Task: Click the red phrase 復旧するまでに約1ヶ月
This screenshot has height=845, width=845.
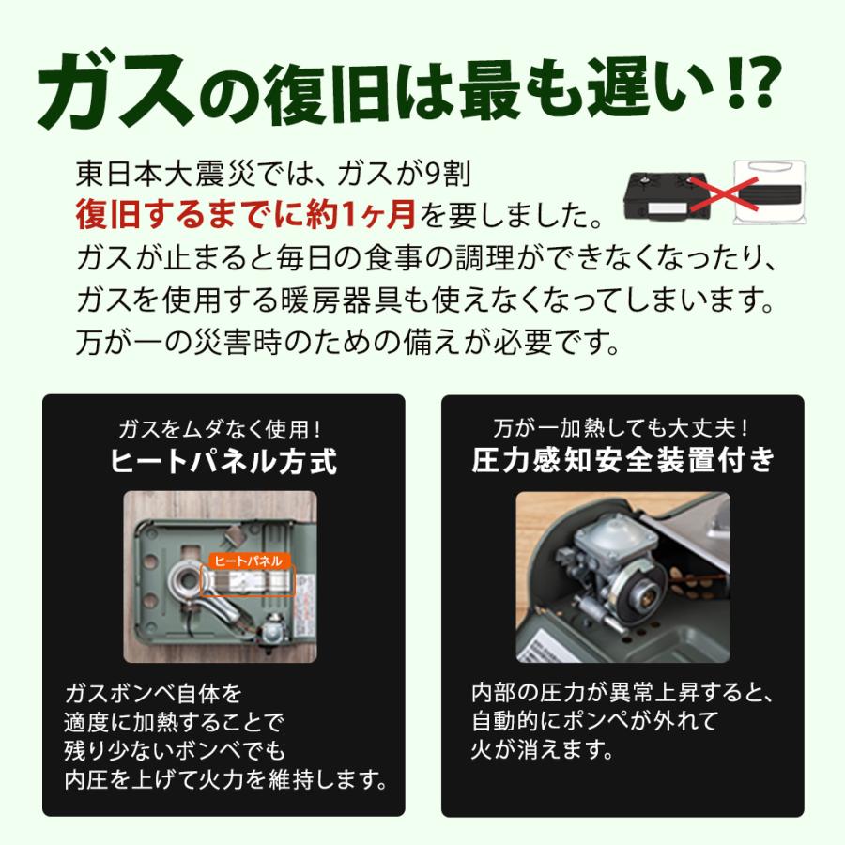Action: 246,215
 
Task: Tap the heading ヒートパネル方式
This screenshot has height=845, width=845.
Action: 223,462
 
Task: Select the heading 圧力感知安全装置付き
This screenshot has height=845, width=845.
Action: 622,462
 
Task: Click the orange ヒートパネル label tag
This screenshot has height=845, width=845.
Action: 247,561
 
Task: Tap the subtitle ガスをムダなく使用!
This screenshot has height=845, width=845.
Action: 223,430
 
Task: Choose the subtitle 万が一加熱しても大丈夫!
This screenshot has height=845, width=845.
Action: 622,430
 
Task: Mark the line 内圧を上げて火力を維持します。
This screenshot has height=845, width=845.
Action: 225,778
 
